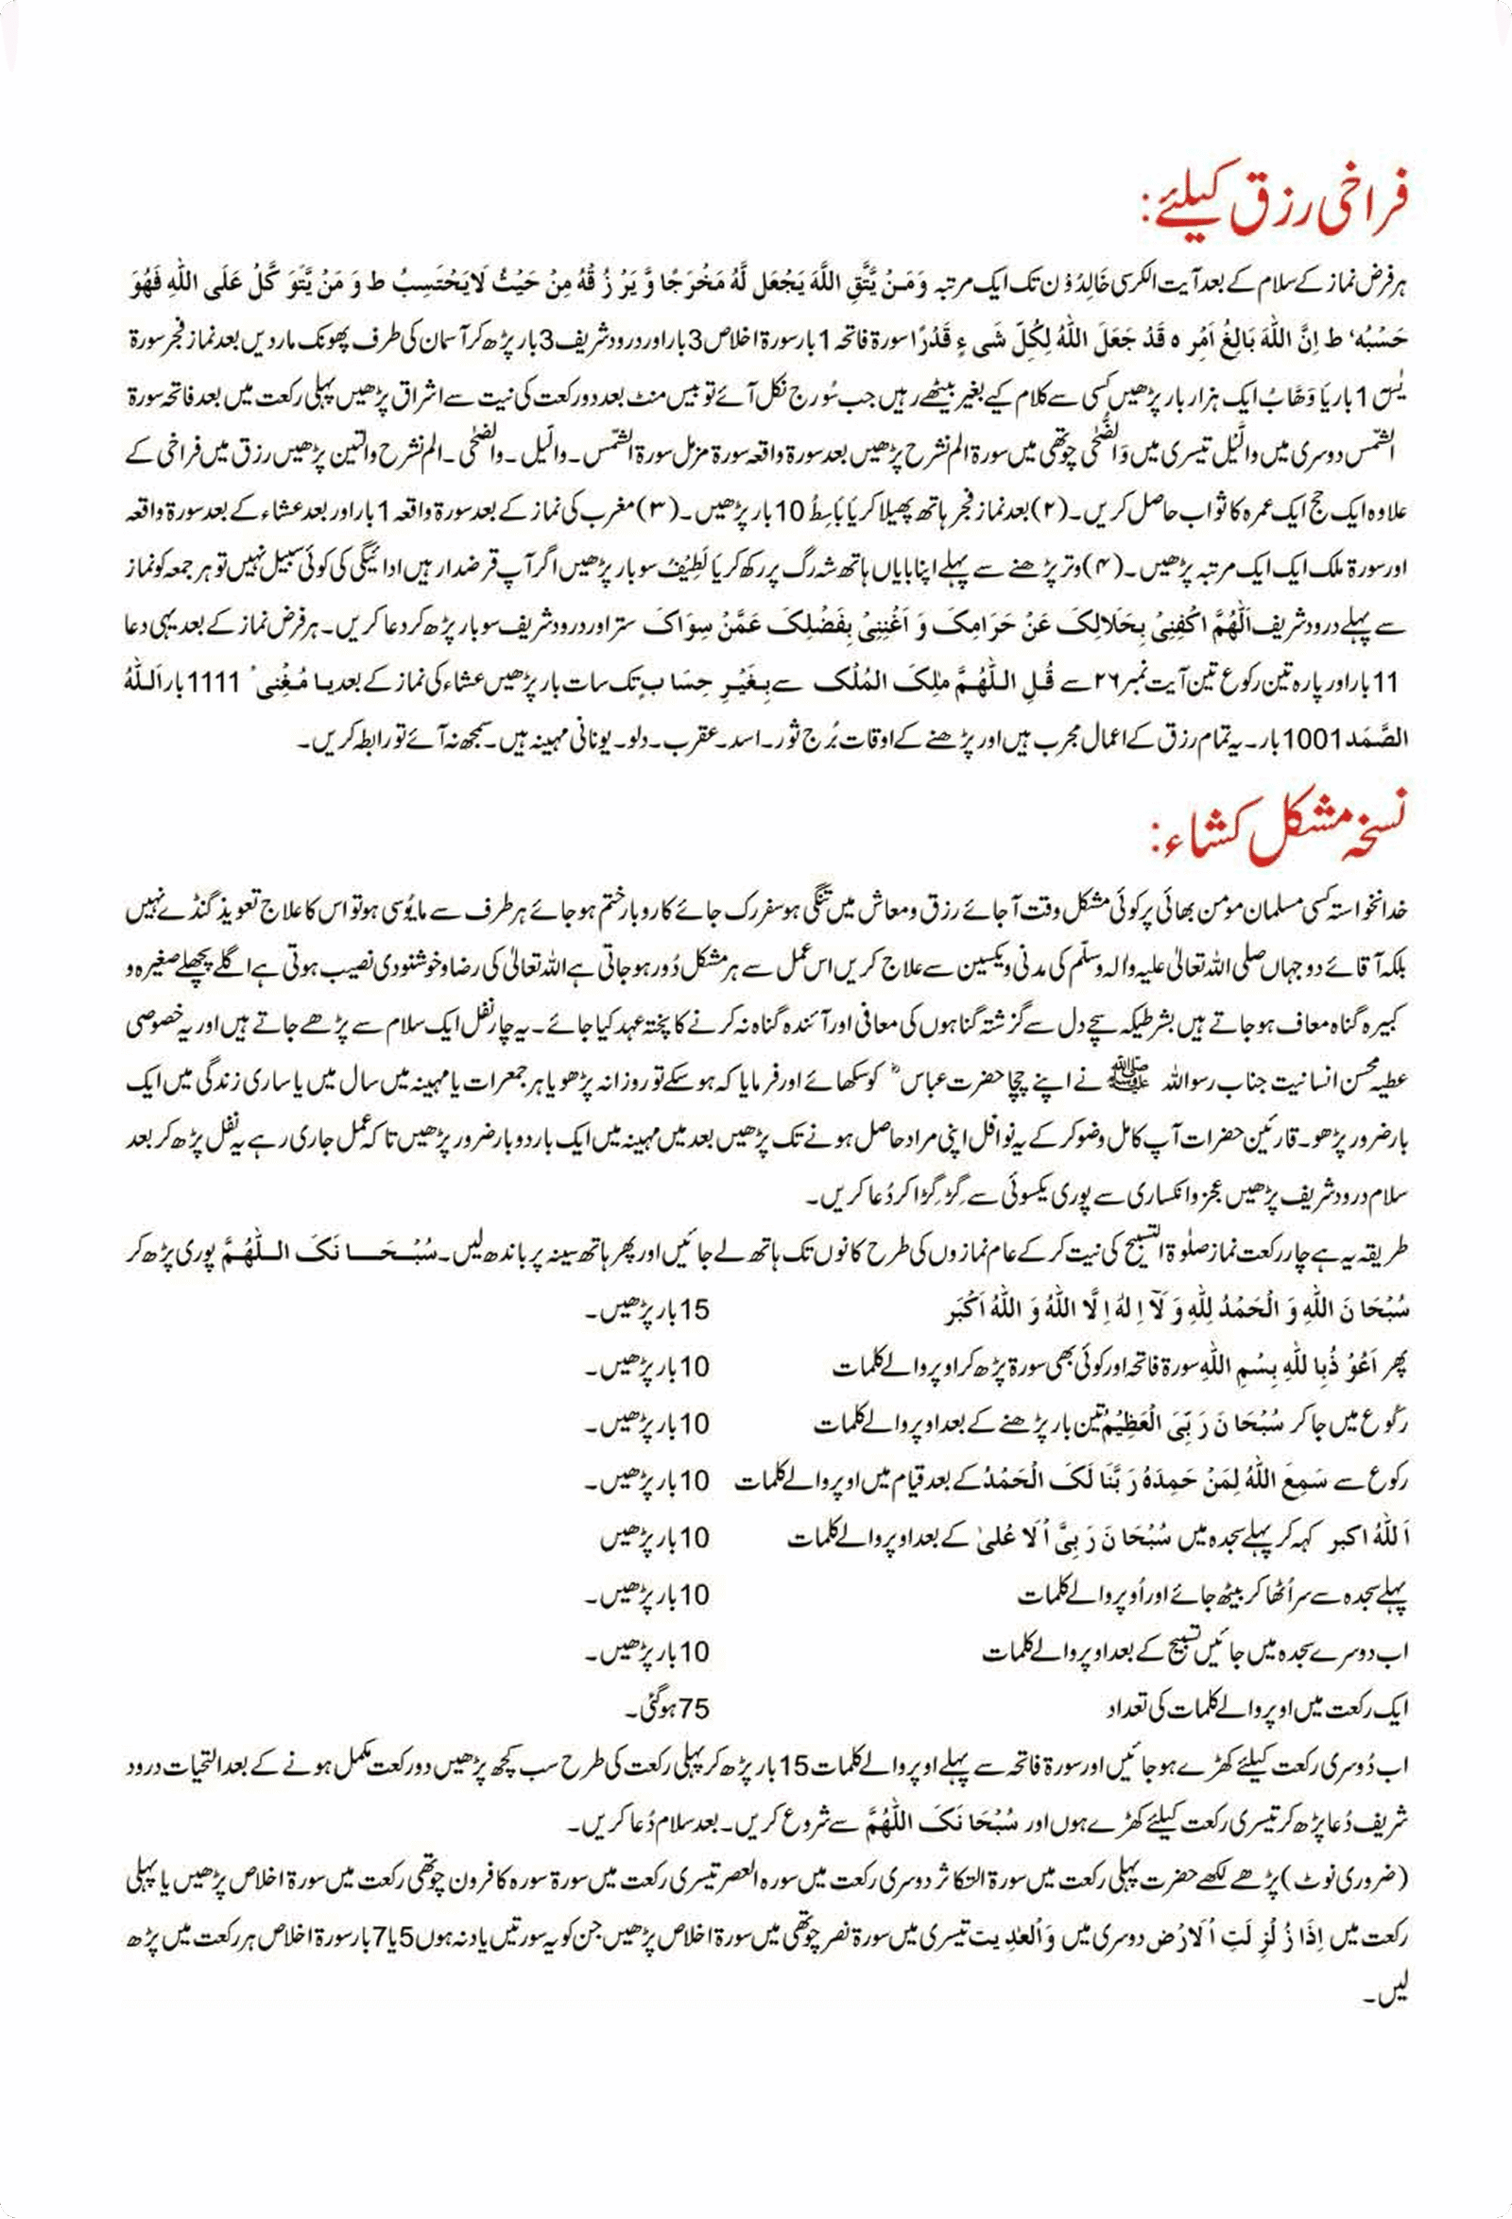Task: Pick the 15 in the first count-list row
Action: coord(695,1311)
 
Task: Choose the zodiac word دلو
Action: coord(664,739)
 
